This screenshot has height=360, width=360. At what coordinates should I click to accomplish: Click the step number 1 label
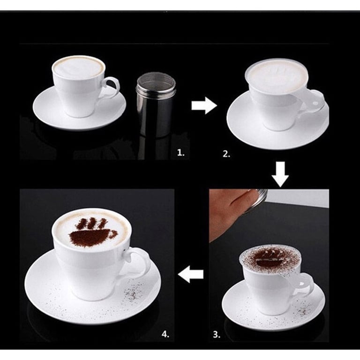point(180,153)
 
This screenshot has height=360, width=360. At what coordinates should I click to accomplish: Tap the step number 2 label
point(226,154)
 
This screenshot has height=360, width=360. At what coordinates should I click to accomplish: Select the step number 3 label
point(217,335)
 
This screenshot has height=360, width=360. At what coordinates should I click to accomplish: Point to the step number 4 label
point(165,334)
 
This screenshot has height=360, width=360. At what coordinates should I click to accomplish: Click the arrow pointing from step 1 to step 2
point(204,105)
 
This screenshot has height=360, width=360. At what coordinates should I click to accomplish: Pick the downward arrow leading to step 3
point(280,174)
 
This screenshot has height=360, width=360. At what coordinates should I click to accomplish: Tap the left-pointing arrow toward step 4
point(191,274)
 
